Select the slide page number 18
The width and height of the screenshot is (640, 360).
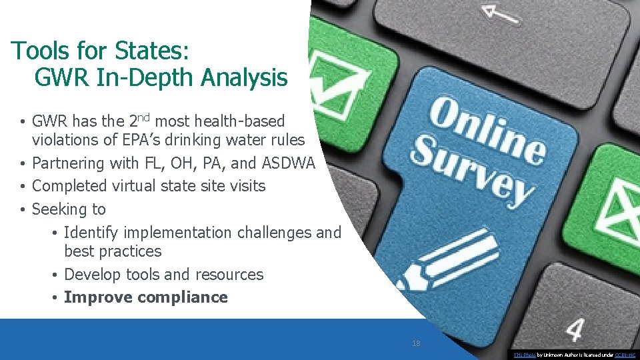(416, 344)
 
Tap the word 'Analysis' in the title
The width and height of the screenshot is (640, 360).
(244, 78)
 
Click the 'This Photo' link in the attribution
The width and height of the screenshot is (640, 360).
(522, 355)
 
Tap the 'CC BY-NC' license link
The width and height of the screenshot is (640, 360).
(625, 355)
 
